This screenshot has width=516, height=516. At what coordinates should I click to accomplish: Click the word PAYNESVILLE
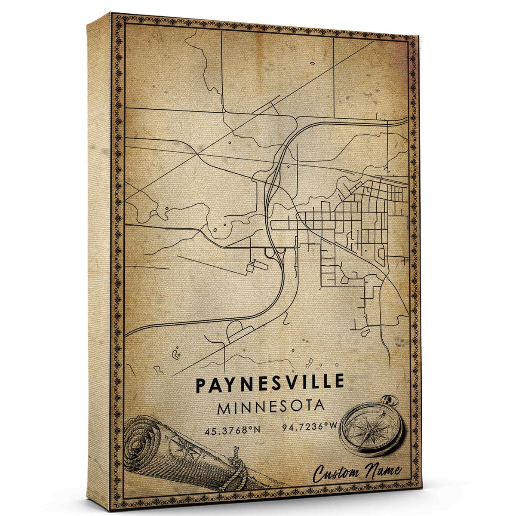270,383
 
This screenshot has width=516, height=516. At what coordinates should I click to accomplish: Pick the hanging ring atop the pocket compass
392,401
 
